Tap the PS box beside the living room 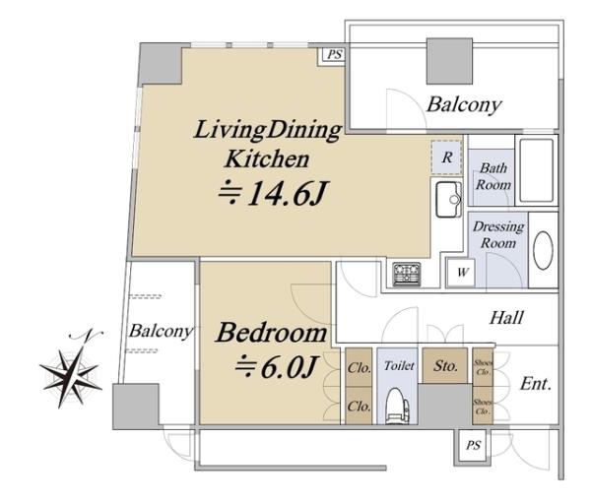pyautogui.click(x=334, y=55)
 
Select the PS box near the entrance pyautogui.click(x=473, y=445)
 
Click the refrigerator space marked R pyautogui.click(x=447, y=157)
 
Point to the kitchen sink pyautogui.click(x=449, y=199)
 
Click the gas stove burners pyautogui.click(x=407, y=274)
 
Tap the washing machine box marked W pyautogui.click(x=461, y=272)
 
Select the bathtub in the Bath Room pyautogui.click(x=536, y=170)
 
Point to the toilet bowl pyautogui.click(x=396, y=407)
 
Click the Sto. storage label pyautogui.click(x=445, y=366)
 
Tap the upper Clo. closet pyautogui.click(x=359, y=367)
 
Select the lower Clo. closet pyautogui.click(x=359, y=406)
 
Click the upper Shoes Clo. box pyautogui.click(x=483, y=367)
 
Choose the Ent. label pyautogui.click(x=536, y=384)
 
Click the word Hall pyautogui.click(x=506, y=318)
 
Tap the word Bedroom pyautogui.click(x=271, y=333)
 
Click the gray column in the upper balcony pyautogui.click(x=449, y=61)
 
